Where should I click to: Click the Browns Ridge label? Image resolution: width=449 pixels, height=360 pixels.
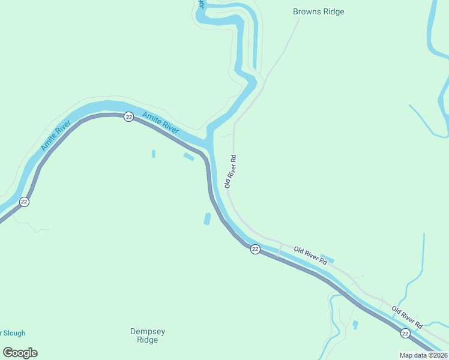click(319, 11)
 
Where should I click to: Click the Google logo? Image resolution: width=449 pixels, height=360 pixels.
click(20, 353)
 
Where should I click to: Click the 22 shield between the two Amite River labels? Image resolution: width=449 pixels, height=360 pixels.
click(128, 117)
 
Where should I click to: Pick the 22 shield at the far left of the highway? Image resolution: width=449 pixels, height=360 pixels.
click(23, 202)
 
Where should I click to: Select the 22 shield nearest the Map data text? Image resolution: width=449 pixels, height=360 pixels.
click(405, 333)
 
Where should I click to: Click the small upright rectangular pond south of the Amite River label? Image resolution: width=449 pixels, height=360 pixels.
click(154, 154)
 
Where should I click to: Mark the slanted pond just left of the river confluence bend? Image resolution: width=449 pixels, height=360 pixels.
click(188, 157)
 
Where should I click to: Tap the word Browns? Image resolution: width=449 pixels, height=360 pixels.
click(305, 11)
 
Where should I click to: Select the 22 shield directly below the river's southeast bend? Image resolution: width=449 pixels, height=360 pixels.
click(255, 249)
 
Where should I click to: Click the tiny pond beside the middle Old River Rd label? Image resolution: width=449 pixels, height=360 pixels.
click(328, 258)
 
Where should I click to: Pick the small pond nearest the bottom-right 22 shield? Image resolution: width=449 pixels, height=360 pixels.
click(355, 325)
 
